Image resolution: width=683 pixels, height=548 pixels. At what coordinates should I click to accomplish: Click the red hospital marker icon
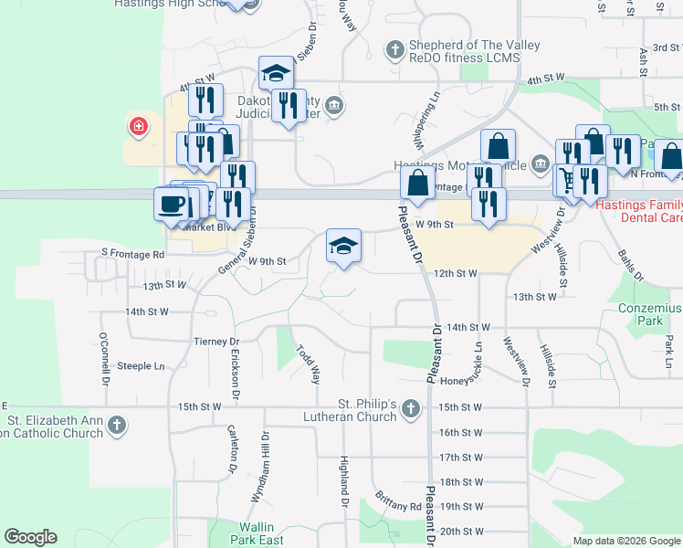click(x=138, y=125)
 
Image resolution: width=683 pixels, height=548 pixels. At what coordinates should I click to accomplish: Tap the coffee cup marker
click(x=171, y=203)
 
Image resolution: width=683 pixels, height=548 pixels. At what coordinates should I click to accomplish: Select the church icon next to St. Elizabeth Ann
click(x=116, y=424)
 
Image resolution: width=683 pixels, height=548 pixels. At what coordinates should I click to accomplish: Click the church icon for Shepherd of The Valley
click(x=394, y=49)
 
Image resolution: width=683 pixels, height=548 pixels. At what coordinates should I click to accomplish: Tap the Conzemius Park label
click(x=649, y=315)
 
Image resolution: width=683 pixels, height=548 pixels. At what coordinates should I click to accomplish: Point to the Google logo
click(x=30, y=537)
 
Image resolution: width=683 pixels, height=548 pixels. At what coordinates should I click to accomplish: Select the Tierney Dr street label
click(x=215, y=341)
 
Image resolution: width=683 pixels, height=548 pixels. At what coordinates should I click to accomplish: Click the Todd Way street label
click(x=309, y=364)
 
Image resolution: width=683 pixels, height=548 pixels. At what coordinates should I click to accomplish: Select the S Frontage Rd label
click(x=132, y=253)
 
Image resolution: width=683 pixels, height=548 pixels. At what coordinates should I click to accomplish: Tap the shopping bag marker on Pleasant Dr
click(x=417, y=182)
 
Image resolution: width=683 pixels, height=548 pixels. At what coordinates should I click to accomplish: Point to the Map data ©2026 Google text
click(x=626, y=541)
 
